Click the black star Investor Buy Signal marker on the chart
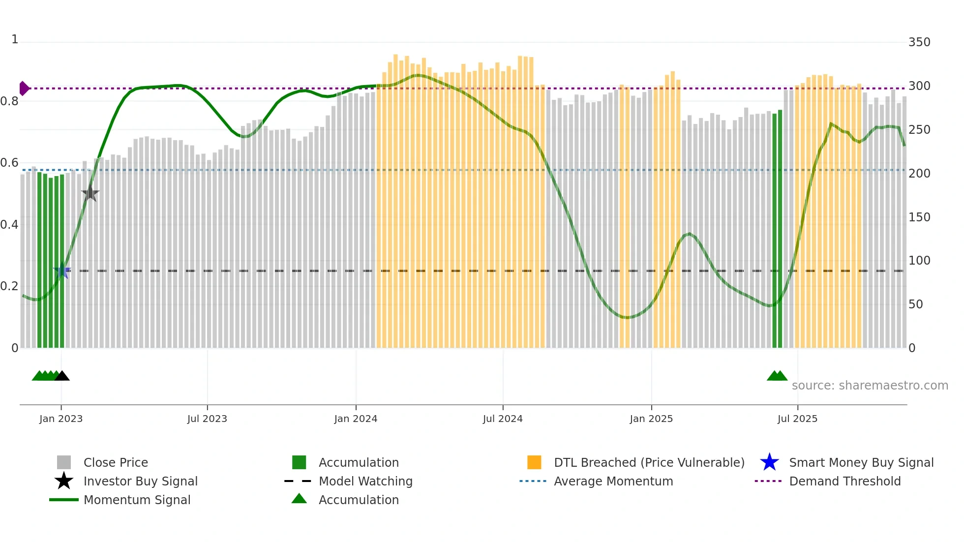tap(90, 193)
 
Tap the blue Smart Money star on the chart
tap(62, 271)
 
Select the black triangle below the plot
tap(62, 376)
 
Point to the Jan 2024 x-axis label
tap(356, 419)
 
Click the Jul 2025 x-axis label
tap(797, 419)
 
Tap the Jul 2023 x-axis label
tap(207, 419)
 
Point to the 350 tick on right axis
tap(919, 42)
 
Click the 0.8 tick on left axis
tap(9, 101)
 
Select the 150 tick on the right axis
tap(919, 217)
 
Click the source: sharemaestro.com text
tap(870, 386)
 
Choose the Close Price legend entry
tap(116, 463)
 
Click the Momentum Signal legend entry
tap(137, 500)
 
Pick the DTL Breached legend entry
tap(649, 463)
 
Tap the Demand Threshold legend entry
tap(844, 482)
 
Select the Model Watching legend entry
tap(365, 482)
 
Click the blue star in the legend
tap(769, 463)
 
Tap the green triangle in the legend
tap(299, 499)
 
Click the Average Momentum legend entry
tap(613, 482)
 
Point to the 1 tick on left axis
tap(15, 39)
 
